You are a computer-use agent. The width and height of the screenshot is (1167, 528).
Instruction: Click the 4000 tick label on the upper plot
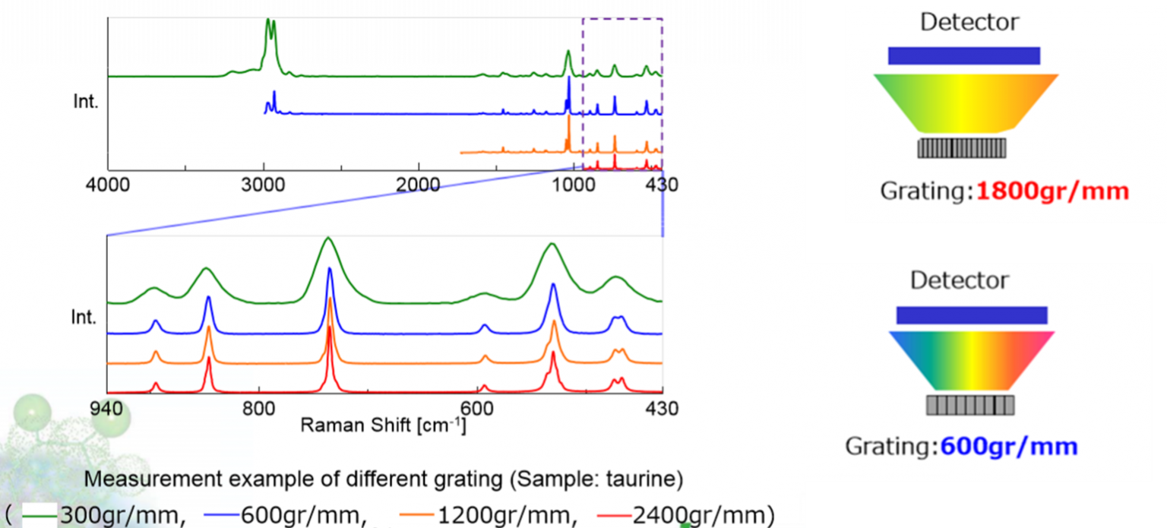(107, 185)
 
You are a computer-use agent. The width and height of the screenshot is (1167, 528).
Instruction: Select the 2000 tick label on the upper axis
(419, 185)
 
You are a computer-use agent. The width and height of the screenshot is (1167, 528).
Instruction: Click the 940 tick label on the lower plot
(106, 409)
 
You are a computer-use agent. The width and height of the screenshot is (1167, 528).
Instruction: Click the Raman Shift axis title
(383, 425)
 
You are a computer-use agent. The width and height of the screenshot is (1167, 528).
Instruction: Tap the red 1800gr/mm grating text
(1052, 191)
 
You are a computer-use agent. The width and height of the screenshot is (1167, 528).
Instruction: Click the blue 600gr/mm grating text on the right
(1009, 446)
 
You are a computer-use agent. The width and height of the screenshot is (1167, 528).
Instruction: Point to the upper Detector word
(969, 22)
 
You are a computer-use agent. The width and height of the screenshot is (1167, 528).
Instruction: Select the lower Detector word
(959, 280)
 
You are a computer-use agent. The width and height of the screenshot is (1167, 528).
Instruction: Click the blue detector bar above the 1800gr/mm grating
(963, 55)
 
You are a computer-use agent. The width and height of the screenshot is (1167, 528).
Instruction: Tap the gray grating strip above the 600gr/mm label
(970, 406)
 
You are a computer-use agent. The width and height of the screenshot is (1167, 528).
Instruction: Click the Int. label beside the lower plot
(85, 318)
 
